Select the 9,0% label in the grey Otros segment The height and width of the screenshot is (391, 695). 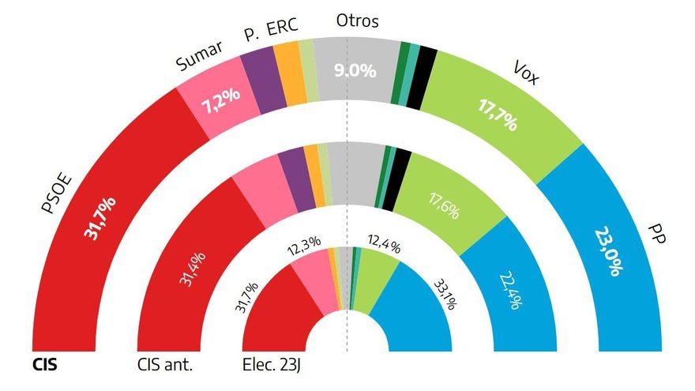355,70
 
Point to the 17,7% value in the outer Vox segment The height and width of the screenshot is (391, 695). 497,113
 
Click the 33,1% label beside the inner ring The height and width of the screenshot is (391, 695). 445,293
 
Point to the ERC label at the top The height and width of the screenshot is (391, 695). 283,28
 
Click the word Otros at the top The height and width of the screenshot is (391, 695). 357,21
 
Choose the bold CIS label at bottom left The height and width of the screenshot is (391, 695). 45,366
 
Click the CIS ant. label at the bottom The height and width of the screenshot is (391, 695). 165,366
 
